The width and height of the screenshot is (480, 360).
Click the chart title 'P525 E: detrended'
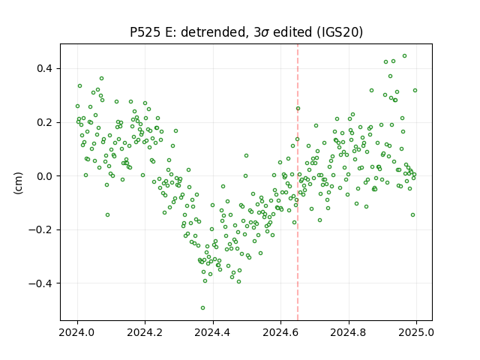coord(188,32)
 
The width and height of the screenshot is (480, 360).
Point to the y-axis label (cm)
coord(18,183)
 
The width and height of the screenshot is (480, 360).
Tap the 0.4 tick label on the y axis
coord(44,68)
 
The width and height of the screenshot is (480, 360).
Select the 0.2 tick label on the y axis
coord(44,122)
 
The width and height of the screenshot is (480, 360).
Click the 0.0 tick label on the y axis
coord(44,176)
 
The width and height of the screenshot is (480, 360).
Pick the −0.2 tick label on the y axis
coord(40,230)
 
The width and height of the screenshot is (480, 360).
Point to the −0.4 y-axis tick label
coord(40,283)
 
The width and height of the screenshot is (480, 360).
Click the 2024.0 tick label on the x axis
coord(76,332)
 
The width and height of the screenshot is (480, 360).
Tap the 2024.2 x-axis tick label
coord(145,332)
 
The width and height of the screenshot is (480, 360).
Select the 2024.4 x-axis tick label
coord(213,332)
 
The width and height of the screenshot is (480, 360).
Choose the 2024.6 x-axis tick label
coord(280,332)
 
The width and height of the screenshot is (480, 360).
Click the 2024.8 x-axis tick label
coord(348,332)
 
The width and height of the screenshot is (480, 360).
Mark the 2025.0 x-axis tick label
coord(416,332)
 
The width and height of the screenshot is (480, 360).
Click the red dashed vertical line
coord(298,182)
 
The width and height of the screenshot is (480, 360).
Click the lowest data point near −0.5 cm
coord(202,308)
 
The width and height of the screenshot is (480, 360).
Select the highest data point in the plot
coord(404,56)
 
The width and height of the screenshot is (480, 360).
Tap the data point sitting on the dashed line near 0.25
coord(298,108)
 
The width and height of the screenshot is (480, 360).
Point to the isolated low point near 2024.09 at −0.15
coord(107,215)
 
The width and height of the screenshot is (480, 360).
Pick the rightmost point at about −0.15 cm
coord(412,215)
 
